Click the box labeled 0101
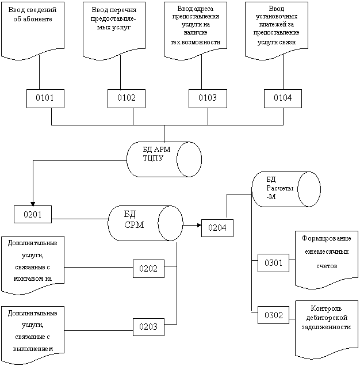[x=45, y=98]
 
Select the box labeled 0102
[x=126, y=98]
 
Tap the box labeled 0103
[x=207, y=98]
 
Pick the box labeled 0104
[x=282, y=98]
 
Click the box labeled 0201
[x=33, y=215]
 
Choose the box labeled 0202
[x=149, y=269]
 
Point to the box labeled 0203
[x=149, y=327]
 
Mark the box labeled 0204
[x=217, y=228]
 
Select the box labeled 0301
[x=273, y=263]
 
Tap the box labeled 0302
[x=273, y=315]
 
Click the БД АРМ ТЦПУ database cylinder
[x=164, y=159]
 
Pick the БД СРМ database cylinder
[x=145, y=223]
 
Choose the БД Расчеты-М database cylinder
[x=286, y=189]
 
